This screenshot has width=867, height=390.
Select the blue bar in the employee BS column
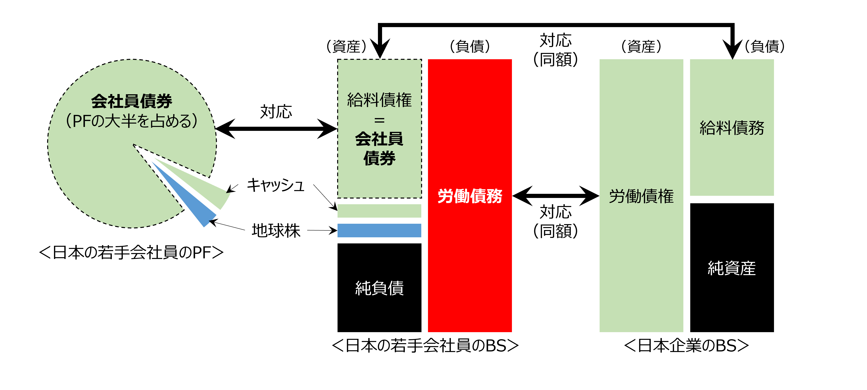point(379,230)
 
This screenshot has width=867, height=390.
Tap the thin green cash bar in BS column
point(379,211)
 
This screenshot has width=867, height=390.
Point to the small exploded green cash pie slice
point(212,192)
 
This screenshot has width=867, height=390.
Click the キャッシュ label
point(275,185)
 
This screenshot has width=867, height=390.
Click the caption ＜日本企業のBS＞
point(687,346)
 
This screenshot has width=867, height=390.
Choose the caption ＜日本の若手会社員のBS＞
point(425,346)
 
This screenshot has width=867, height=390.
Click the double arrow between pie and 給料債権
point(276,128)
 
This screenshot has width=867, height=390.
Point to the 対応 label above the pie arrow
point(276,112)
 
